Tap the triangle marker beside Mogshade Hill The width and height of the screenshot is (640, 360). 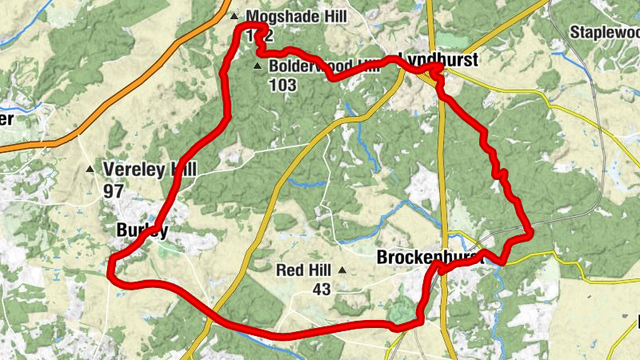(x=234, y=16)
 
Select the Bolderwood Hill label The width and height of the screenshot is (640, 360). (x=324, y=66)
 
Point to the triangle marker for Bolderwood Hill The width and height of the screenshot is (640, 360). (x=257, y=66)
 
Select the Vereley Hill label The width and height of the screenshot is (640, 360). (x=150, y=169)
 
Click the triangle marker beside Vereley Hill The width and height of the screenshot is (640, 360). (x=90, y=169)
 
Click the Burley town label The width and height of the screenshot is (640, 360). (x=142, y=230)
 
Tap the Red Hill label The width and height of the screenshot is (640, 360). (x=304, y=270)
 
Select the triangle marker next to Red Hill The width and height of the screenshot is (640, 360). (x=342, y=270)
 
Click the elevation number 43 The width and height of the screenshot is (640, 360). (x=322, y=289)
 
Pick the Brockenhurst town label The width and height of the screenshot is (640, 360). (x=430, y=258)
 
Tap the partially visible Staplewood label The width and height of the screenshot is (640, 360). (x=605, y=31)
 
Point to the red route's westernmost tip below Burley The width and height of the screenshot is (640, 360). (x=110, y=272)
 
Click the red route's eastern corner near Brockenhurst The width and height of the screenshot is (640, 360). (x=529, y=232)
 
